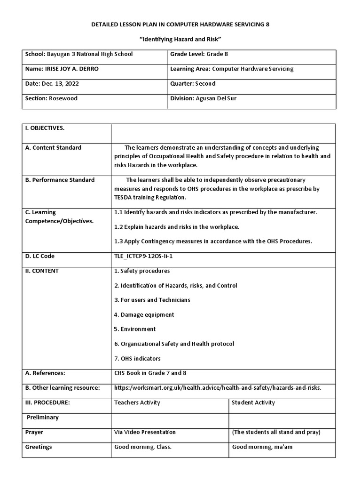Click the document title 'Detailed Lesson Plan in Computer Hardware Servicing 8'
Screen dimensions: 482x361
tap(180, 24)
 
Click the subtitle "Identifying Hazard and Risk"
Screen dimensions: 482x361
tap(180, 39)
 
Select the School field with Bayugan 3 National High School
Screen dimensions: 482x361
tap(79, 54)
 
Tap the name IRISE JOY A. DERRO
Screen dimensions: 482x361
tap(62, 69)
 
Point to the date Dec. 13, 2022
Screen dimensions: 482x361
tap(52, 83)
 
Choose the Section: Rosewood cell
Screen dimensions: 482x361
tap(51, 98)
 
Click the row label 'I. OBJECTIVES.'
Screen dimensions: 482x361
tap(45, 128)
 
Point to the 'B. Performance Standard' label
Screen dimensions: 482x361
tap(60, 180)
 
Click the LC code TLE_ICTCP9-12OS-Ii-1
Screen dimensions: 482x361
tap(147, 256)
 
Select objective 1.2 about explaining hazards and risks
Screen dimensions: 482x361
tap(177, 227)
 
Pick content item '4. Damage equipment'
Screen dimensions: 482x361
tap(144, 314)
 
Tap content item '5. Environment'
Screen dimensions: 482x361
tap(135, 329)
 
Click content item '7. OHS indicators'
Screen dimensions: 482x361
tap(138, 359)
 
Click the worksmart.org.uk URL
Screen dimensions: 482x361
tap(218, 387)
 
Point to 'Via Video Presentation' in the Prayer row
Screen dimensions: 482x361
tap(145, 432)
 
